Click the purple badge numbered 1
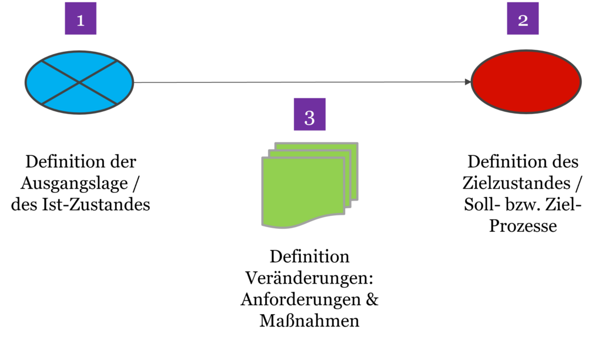81,19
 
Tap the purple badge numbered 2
523,19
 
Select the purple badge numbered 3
309,114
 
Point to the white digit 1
81,21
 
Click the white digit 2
523,21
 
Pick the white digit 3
309,118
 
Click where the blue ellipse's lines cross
79,82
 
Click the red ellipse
526,82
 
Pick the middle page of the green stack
347,176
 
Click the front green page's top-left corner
263,158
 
